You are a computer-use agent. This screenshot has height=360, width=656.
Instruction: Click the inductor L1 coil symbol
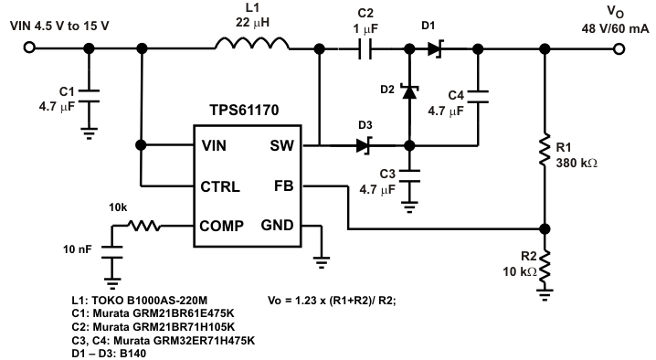point(252,44)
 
